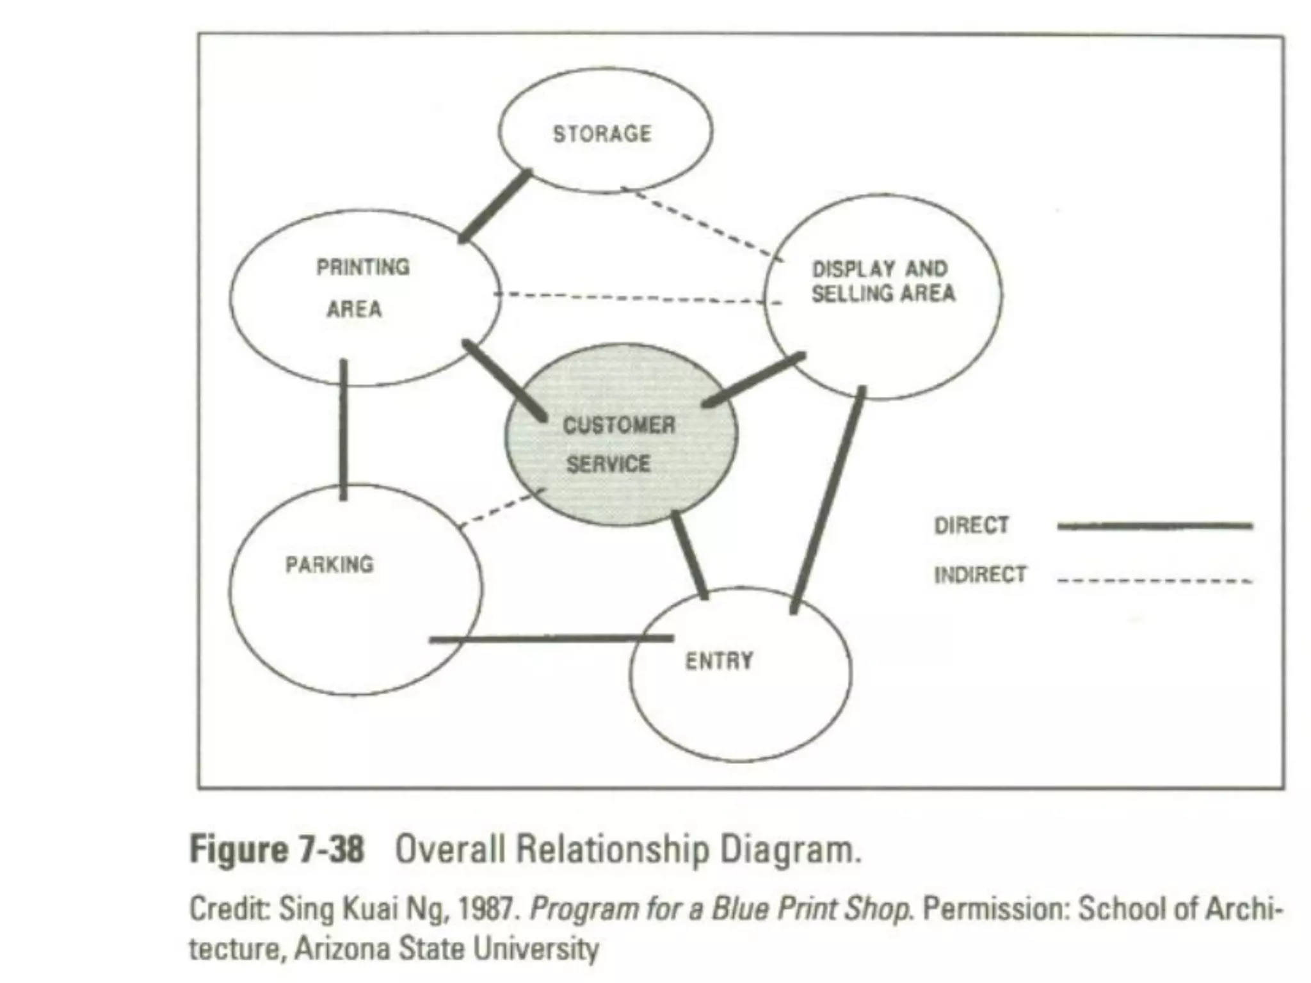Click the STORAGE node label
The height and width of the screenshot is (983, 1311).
pos(602,134)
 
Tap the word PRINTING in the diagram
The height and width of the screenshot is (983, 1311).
pos(363,267)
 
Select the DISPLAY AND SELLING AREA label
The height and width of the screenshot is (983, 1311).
pos(883,282)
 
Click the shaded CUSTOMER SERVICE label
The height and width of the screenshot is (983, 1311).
pos(617,444)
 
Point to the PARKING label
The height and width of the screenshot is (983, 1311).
pos(329,564)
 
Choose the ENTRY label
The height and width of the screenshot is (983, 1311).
pos(719,660)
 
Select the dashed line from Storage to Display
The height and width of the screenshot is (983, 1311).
pos(701,223)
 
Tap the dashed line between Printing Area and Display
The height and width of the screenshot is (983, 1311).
pos(634,298)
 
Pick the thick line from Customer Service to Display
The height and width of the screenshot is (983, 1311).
pos(753,380)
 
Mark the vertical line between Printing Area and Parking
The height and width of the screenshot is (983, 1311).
pos(344,429)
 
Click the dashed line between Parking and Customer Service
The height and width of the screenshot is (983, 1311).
pos(503,508)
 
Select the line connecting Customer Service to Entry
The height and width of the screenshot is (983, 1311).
pos(689,555)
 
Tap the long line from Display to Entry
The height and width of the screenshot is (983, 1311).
pos(828,499)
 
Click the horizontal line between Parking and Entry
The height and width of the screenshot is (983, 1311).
pos(551,639)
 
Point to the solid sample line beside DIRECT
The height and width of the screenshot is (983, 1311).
pos(1155,526)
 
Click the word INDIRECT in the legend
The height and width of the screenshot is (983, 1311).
pos(980,575)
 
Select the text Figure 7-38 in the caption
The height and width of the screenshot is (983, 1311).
pos(277,850)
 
